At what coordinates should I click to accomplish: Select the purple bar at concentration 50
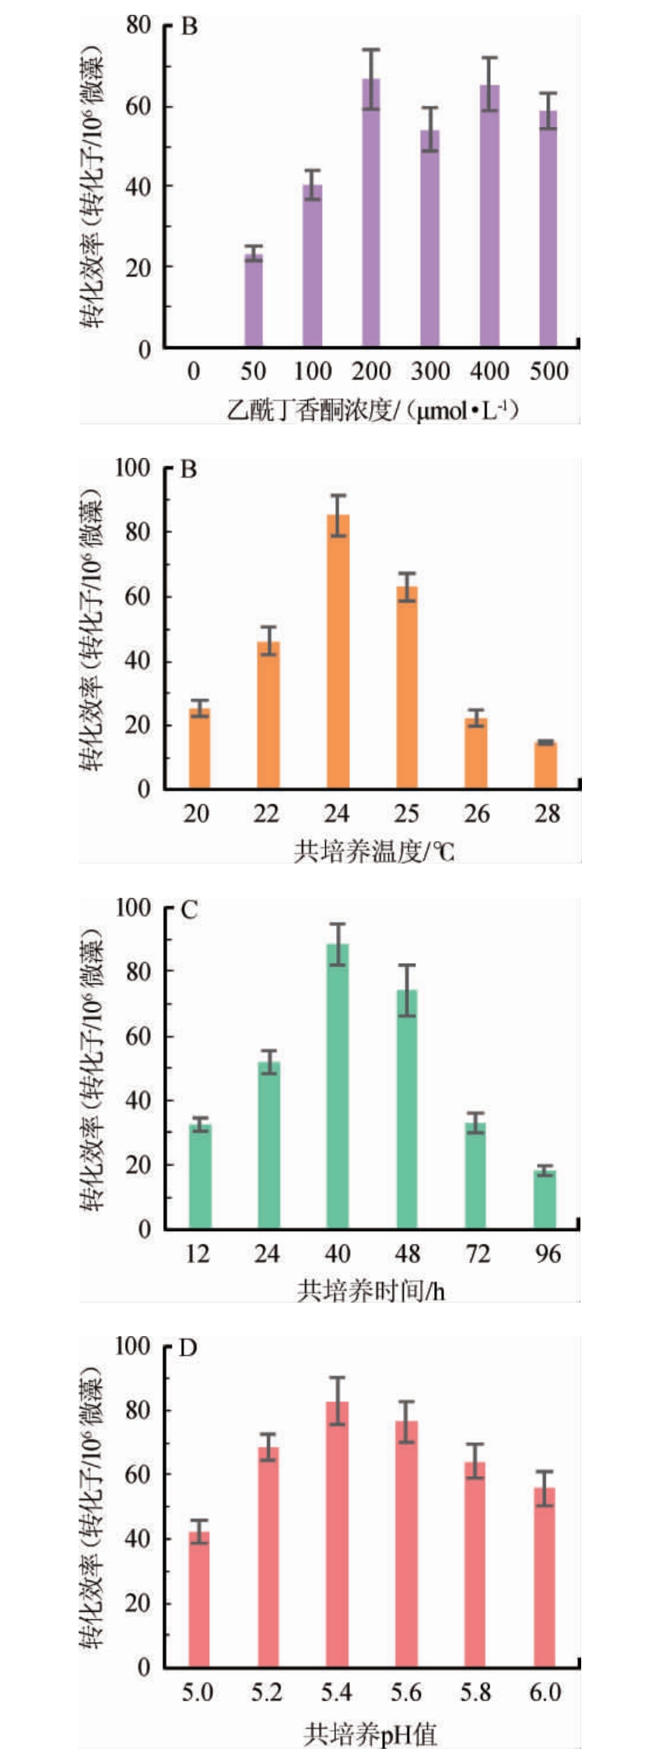[254, 300]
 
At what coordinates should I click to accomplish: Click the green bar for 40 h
[338, 1086]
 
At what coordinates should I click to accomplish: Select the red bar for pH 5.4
[337, 1535]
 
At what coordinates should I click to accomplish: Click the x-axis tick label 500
[549, 371]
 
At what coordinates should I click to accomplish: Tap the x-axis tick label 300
[430, 371]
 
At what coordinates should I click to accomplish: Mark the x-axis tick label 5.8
[475, 1692]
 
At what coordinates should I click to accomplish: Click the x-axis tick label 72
[477, 1254]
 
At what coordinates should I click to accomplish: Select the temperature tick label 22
[266, 814]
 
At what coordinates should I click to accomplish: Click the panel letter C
[189, 910]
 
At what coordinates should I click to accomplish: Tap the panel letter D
[188, 1348]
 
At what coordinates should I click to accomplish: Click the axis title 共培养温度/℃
[373, 850]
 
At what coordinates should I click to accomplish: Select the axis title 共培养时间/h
[370, 1290]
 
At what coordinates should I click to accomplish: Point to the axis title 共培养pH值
[370, 1734]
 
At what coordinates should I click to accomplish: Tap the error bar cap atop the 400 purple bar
[489, 58]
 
